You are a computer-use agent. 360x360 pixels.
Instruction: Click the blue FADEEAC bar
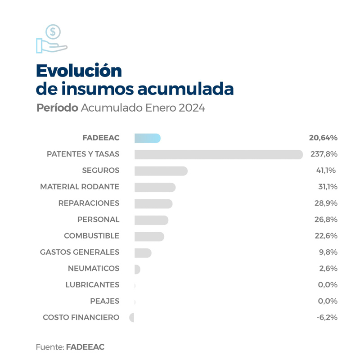click(147, 138)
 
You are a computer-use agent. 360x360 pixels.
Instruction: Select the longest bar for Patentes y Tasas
click(218, 154)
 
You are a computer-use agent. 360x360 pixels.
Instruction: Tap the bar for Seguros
click(161, 171)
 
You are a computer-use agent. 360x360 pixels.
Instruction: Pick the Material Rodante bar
click(155, 187)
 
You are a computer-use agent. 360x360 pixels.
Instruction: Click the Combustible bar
click(149, 236)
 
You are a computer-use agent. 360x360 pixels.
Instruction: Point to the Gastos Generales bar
click(143, 253)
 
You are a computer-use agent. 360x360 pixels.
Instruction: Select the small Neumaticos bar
click(137, 269)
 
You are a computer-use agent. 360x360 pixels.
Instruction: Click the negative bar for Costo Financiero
click(132, 318)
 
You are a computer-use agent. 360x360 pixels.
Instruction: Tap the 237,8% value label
click(324, 154)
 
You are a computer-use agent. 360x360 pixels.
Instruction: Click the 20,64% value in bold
click(323, 138)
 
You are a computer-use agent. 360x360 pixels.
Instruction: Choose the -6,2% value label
click(327, 318)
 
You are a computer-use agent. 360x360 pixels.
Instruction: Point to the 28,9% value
click(325, 203)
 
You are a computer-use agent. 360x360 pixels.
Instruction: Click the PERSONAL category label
click(98, 220)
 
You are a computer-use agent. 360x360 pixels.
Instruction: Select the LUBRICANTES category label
click(92, 285)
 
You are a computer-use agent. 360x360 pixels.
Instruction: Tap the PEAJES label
click(104, 301)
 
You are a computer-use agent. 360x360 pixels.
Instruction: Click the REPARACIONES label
click(89, 203)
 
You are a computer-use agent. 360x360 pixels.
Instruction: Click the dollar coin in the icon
click(53, 31)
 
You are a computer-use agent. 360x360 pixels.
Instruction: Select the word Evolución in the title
click(79, 71)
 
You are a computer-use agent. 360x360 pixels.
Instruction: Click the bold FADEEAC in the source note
click(85, 347)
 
